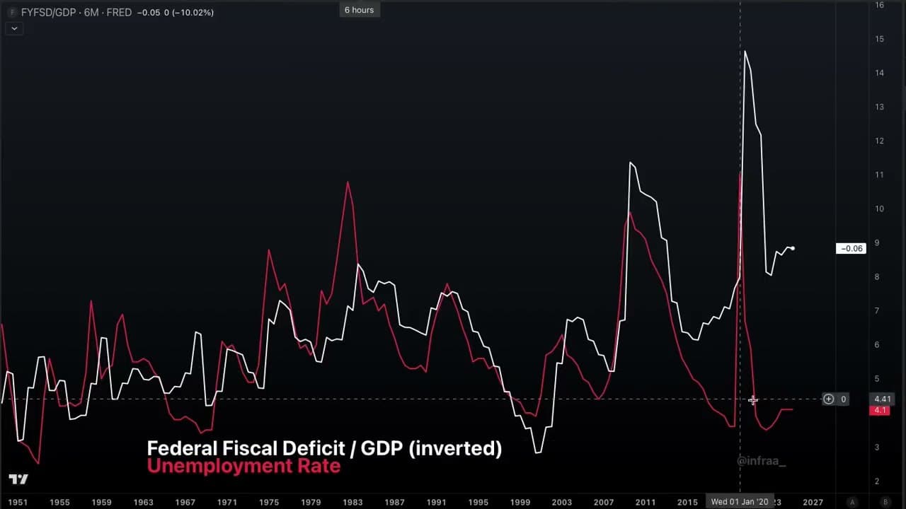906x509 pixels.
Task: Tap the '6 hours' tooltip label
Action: tap(359, 10)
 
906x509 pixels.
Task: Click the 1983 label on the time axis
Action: tap(352, 502)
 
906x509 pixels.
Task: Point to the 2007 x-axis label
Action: tap(604, 502)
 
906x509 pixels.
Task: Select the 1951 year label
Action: tap(18, 502)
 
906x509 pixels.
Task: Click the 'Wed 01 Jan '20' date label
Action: tap(740, 502)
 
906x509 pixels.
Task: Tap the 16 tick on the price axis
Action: tap(879, 5)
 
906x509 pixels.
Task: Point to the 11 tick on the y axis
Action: tap(879, 175)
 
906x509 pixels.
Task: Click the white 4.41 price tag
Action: tap(882, 399)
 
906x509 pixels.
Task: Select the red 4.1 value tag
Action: tap(880, 410)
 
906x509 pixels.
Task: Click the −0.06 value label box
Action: tap(850, 248)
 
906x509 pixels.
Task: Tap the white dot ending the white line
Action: tap(793, 249)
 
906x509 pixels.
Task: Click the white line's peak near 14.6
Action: tap(745, 52)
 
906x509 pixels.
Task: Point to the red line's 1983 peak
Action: tap(348, 182)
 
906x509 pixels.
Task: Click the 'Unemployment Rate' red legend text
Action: tap(243, 467)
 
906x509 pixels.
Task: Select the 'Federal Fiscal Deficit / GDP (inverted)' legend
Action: tap(324, 448)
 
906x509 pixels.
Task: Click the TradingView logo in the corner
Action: tap(18, 479)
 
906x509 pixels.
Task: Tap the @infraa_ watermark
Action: tap(761, 461)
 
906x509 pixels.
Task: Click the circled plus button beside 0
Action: tap(828, 399)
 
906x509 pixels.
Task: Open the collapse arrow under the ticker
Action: tap(13, 28)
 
